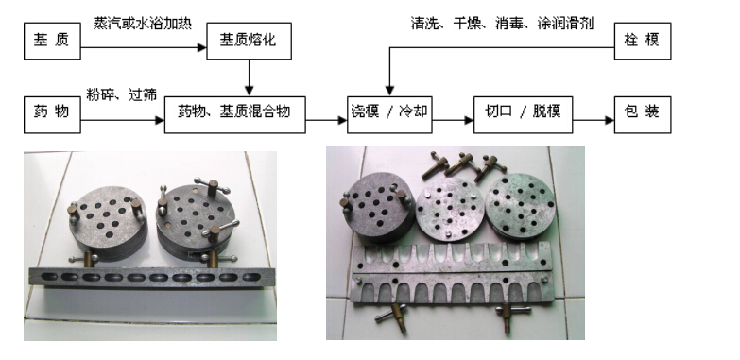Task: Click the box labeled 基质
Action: pos(52,41)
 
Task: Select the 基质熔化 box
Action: pos(249,41)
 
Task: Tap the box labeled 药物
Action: pos(52,114)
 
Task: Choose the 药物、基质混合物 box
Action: pos(234,114)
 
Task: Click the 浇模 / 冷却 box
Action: pos(389,114)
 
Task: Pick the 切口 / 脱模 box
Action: pos(523,114)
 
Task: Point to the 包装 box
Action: pos(643,114)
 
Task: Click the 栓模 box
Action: pos(643,41)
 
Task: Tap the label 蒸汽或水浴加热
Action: pos(142,24)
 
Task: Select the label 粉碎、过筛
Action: pos(121,94)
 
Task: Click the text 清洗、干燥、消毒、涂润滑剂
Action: pos(502,24)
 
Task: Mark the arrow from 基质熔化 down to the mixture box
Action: pos(249,77)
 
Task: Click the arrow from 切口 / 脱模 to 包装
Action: pos(594,120)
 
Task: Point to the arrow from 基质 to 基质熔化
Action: pos(144,47)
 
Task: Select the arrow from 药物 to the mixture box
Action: pos(122,120)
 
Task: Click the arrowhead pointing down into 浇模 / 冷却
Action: pos(389,91)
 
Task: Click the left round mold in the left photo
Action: pos(107,221)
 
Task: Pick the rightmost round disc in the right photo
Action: pos(521,205)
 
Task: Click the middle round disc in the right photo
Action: pos(450,210)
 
